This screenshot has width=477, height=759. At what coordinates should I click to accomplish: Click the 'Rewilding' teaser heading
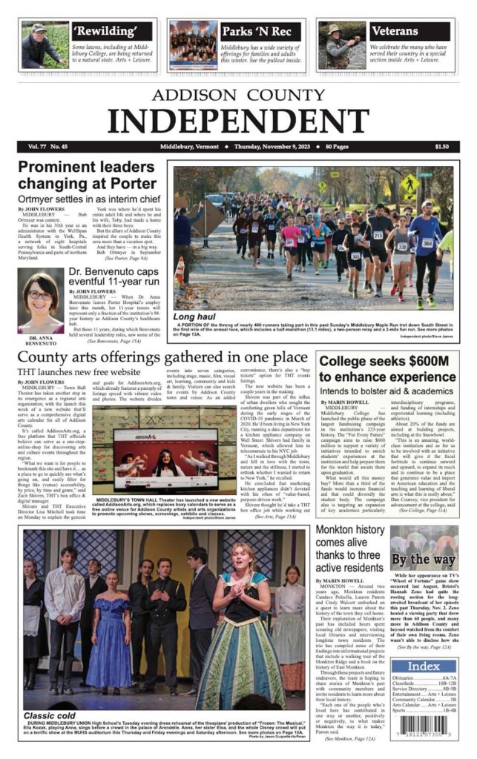111,32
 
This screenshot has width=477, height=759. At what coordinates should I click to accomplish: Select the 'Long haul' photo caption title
194,317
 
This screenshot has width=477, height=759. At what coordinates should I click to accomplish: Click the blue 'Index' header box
424,666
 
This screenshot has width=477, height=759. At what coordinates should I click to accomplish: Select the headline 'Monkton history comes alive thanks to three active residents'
350,549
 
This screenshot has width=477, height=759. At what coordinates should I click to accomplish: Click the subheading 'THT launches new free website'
79,372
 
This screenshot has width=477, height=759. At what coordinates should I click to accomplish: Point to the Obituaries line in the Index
424,677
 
